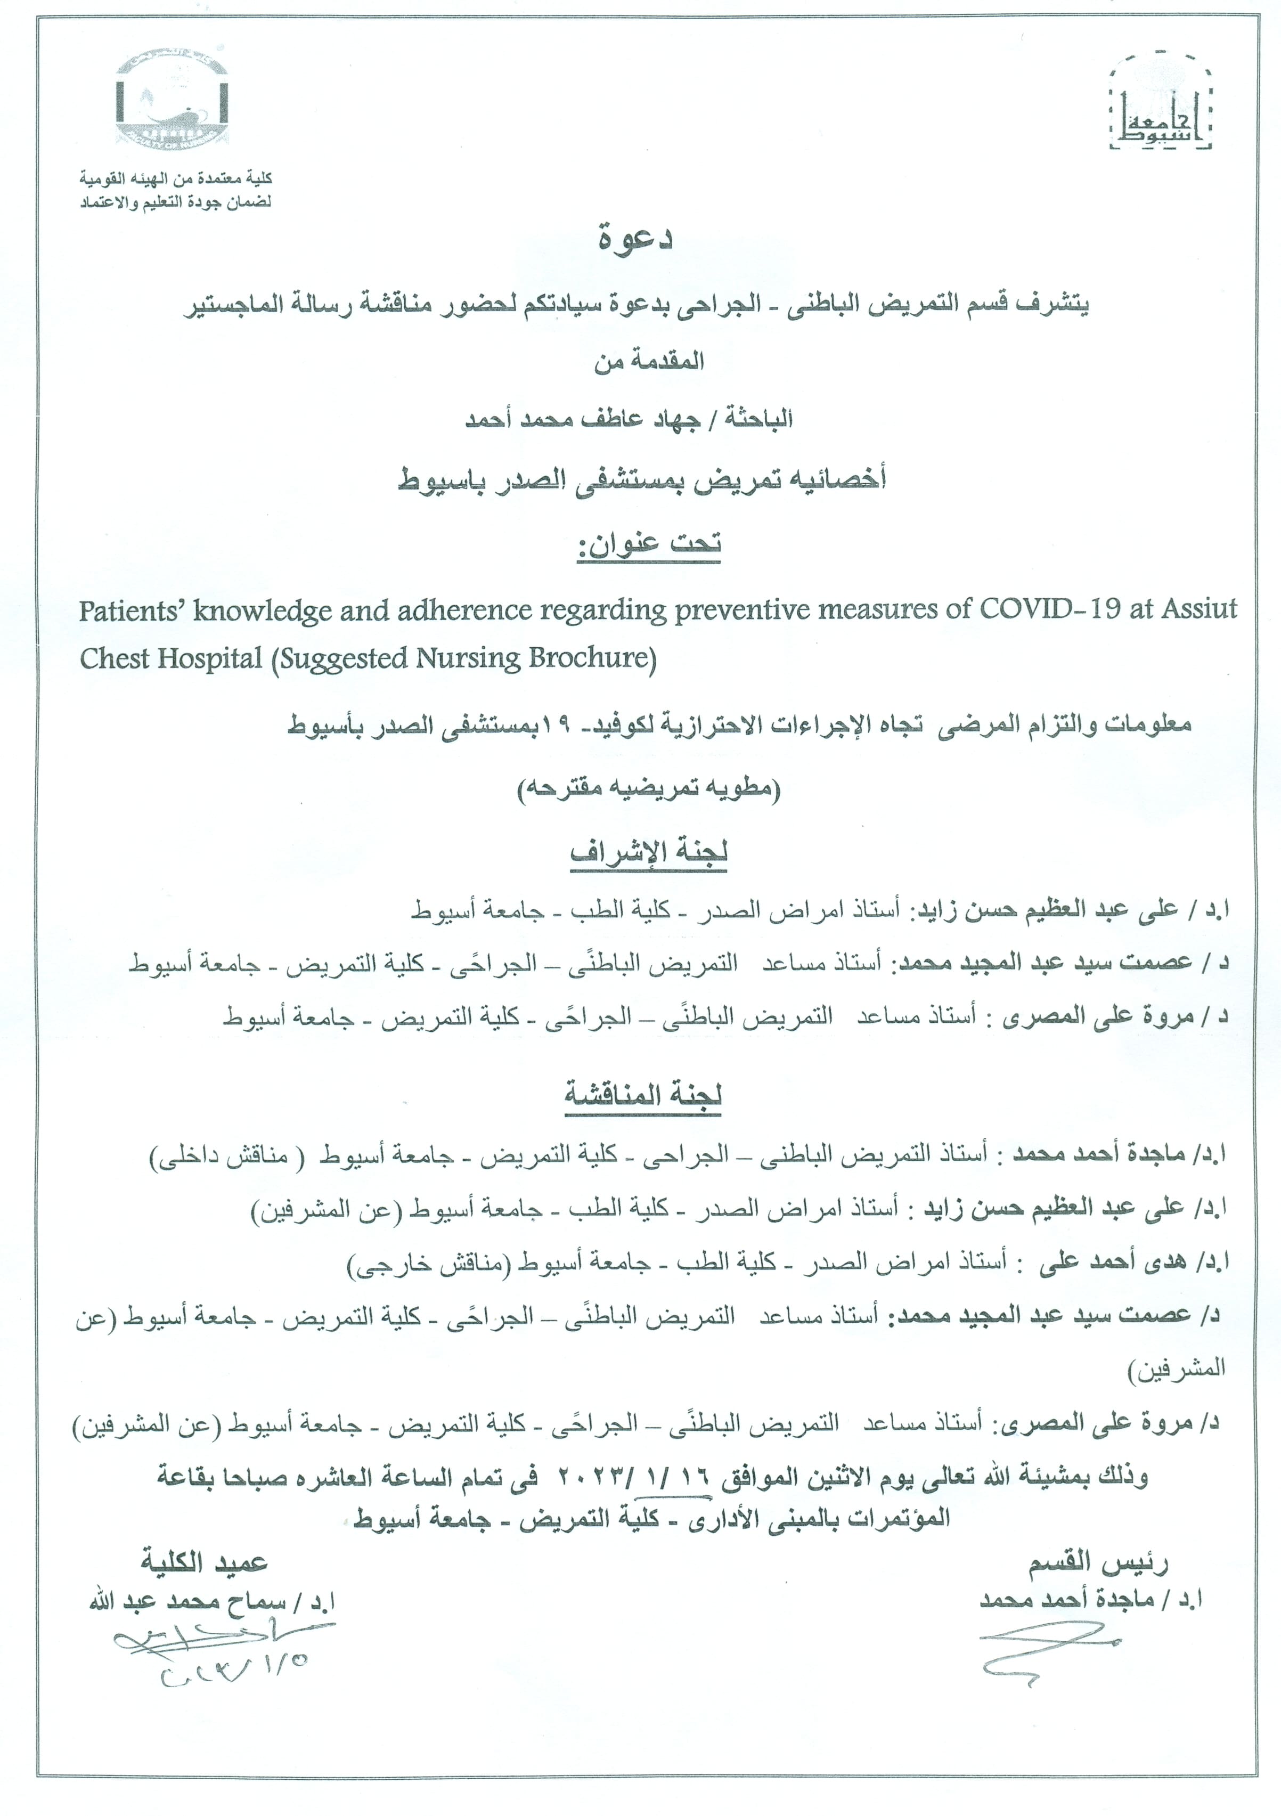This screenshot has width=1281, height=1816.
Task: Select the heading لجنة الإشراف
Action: pyautogui.click(x=648, y=853)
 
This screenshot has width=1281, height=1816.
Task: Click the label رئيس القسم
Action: pyautogui.click(x=1098, y=1562)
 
